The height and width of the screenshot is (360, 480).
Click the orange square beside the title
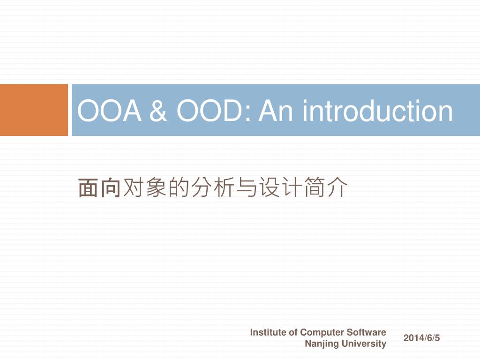(34, 110)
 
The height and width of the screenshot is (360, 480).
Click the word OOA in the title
(109, 111)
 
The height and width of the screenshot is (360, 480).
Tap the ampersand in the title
(158, 111)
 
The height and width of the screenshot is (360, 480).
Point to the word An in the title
(277, 111)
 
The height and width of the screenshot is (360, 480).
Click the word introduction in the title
(377, 110)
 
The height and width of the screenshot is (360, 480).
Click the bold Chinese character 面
(88, 187)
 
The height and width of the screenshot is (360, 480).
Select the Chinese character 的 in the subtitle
(178, 187)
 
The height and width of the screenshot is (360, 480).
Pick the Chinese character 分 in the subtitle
(201, 187)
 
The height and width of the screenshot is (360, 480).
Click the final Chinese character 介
(337, 187)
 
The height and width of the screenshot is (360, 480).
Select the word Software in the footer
(367, 332)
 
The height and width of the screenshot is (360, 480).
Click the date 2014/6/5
(421, 338)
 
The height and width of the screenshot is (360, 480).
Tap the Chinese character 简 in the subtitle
(315, 187)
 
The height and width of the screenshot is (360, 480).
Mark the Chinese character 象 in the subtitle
(156, 187)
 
